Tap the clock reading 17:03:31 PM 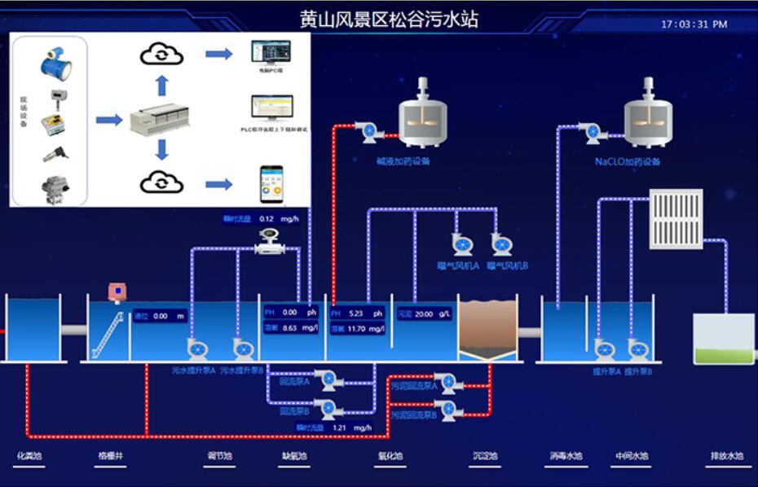point(694,24)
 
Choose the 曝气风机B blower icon point(501,244)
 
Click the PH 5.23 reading point(357,313)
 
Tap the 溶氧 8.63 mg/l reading point(290,328)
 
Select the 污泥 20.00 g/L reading point(424,314)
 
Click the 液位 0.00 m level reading point(161,316)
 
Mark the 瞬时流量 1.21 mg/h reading point(334,427)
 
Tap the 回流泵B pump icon point(328,409)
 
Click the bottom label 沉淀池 point(484,456)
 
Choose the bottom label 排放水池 point(727,456)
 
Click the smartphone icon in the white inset point(271,184)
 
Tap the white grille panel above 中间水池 point(676,218)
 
